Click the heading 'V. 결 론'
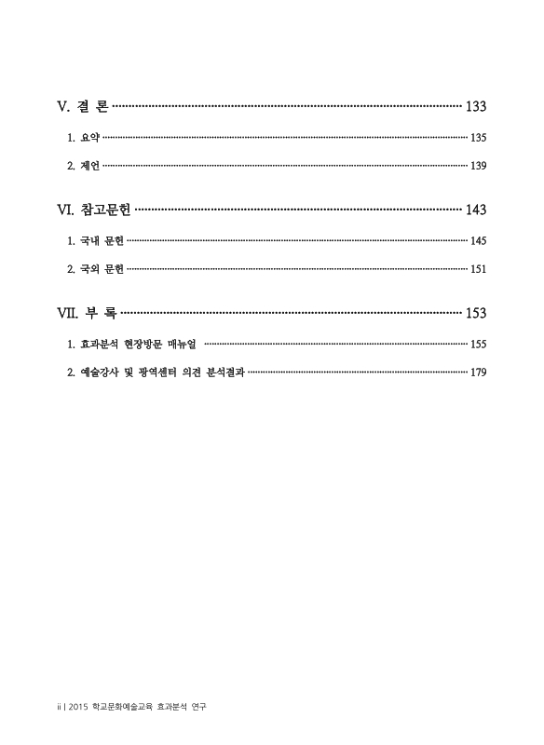(83, 107)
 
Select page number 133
(475, 107)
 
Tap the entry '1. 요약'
(83, 138)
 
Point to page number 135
(478, 138)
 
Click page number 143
(475, 210)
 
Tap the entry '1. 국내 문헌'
(95, 241)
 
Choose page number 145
(478, 241)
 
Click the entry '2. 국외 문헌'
(95, 270)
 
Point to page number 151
(478, 270)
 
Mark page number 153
(475, 314)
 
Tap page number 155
(478, 345)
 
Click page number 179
(478, 373)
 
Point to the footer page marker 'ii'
(59, 708)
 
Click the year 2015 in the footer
(79, 708)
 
